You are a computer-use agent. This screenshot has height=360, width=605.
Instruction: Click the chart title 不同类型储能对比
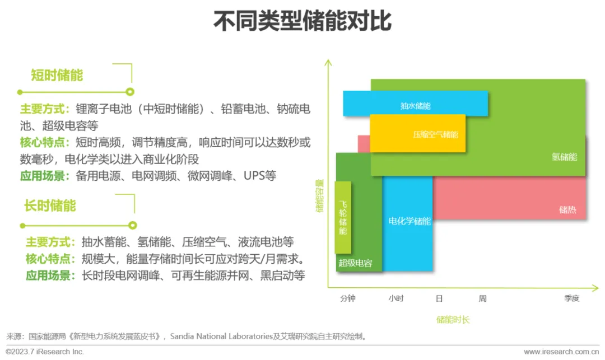pyautogui.click(x=302, y=22)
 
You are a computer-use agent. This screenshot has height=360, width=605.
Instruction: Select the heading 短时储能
pyautogui.click(x=57, y=75)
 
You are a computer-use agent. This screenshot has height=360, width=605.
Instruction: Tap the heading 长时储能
pyautogui.click(x=50, y=205)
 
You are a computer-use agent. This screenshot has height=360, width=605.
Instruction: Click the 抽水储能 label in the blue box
pyautogui.click(x=416, y=105)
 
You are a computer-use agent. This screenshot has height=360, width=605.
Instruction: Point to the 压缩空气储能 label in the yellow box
pyautogui.click(x=435, y=135)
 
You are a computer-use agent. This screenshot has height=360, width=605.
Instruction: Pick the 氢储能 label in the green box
pyautogui.click(x=564, y=157)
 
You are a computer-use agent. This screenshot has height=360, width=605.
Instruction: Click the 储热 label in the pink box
pyautogui.click(x=568, y=210)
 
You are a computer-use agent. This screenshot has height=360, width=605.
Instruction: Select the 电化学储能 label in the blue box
pyautogui.click(x=409, y=221)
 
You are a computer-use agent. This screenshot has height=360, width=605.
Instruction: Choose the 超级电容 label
pyautogui.click(x=355, y=263)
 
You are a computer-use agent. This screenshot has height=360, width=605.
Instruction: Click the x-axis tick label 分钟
pyautogui.click(x=348, y=298)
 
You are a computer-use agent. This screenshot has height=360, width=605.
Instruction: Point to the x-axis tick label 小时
pyautogui.click(x=396, y=298)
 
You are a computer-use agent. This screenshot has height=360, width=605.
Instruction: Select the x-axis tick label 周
pyautogui.click(x=482, y=298)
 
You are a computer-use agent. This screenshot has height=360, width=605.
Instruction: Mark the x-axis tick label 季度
pyautogui.click(x=572, y=298)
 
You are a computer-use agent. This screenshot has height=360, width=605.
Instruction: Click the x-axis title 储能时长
pyautogui.click(x=453, y=320)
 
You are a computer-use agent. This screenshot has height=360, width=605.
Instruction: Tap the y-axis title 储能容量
pyautogui.click(x=320, y=196)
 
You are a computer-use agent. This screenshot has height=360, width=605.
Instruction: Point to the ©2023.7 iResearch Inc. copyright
pyautogui.click(x=45, y=352)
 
